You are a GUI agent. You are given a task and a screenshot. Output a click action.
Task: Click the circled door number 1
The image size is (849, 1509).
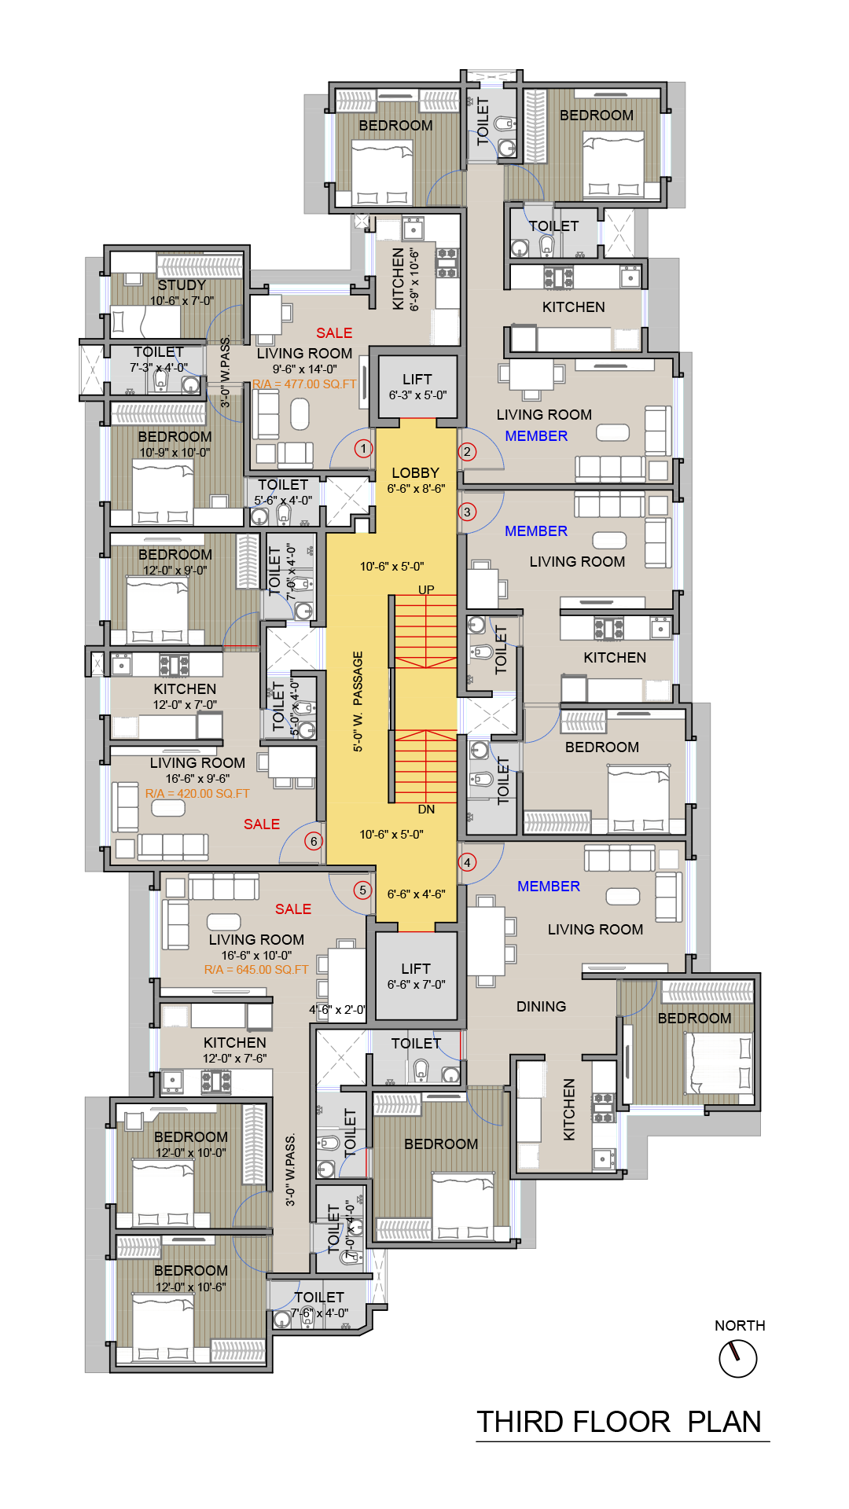[x=363, y=449]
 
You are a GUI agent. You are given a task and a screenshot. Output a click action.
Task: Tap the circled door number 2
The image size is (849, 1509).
[x=467, y=451]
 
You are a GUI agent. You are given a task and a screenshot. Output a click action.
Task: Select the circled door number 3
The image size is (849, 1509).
[x=467, y=512]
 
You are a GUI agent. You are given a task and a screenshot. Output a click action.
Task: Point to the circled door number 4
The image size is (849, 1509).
[x=467, y=862]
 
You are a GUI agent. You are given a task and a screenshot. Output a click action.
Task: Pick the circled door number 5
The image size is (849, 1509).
[x=362, y=890]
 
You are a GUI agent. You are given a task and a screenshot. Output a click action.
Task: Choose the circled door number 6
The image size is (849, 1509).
[x=314, y=841]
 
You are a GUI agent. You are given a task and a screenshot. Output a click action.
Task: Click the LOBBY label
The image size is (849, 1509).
[x=415, y=473]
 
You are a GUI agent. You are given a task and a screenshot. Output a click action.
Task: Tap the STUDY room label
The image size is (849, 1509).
[x=182, y=285]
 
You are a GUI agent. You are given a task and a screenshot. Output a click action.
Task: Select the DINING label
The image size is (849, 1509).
[x=541, y=1007]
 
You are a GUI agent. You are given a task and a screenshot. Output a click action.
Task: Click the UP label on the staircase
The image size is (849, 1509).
[x=426, y=589]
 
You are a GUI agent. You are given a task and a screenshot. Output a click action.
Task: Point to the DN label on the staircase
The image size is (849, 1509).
[x=426, y=810]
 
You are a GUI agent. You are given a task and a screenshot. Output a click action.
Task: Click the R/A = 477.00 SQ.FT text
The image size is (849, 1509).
[x=304, y=384]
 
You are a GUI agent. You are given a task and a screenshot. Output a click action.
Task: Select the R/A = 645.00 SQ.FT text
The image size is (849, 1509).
[x=256, y=970]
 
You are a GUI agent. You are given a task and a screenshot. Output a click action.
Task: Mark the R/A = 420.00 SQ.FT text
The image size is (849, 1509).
[x=197, y=794]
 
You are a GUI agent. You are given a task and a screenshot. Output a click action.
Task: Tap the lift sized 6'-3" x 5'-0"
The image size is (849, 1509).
[x=417, y=387]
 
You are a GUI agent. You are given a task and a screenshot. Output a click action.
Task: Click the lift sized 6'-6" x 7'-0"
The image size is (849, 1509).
[x=416, y=975]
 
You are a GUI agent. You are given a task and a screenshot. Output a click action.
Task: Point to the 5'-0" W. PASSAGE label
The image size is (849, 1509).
[x=358, y=701]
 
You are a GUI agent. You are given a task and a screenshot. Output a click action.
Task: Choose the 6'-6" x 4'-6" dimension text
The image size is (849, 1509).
[x=416, y=894]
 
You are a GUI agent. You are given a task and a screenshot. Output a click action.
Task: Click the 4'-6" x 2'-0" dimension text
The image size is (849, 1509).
[x=337, y=1010]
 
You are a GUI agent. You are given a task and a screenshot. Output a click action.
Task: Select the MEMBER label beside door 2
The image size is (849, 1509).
[x=536, y=436]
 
